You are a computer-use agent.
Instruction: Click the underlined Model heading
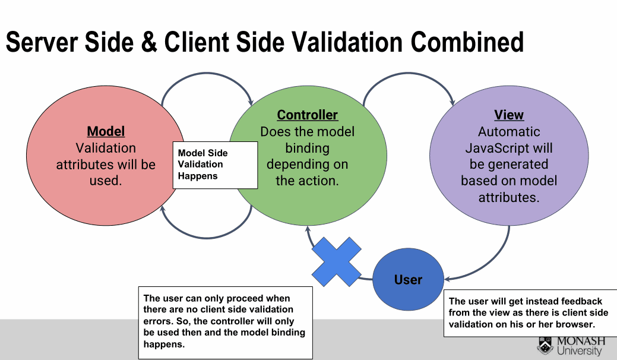tap(106, 131)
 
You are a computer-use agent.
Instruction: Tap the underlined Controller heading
tap(308, 115)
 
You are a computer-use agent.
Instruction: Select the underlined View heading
tap(509, 115)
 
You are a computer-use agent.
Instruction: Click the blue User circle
tap(408, 279)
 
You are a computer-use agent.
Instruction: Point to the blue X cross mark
tap(337, 261)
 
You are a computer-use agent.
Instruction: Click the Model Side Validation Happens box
tap(215, 165)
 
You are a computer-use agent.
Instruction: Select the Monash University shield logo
tap(545, 345)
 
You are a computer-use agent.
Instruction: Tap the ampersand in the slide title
tap(148, 42)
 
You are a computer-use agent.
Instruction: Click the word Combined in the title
tap(467, 42)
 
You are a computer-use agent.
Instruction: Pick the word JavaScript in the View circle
tap(491, 148)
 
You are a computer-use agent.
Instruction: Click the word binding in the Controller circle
tap(308, 148)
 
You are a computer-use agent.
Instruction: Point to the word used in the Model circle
tap(105, 181)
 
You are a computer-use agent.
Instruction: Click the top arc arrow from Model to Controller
tap(207, 73)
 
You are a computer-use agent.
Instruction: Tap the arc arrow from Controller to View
tap(409, 73)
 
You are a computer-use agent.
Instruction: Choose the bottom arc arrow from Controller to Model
tap(207, 238)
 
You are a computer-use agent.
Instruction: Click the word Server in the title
tap(43, 42)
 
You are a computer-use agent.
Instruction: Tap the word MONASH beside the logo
tap(581, 341)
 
